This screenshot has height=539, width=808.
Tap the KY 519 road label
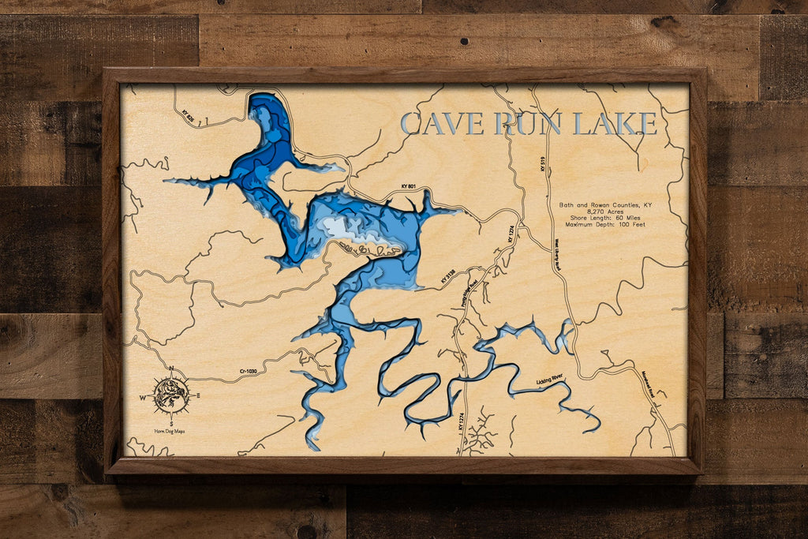pos(542,164)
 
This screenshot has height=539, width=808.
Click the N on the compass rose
pos(171,369)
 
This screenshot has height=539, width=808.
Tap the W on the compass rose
pos(144,397)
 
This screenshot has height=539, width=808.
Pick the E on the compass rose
pos(198,395)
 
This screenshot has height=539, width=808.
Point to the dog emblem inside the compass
pos(171,395)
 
